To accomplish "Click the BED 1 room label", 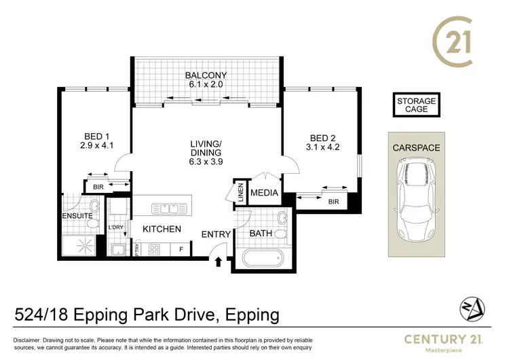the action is [96, 137].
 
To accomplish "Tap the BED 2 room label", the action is [322, 138].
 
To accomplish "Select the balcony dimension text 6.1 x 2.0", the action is [206, 84].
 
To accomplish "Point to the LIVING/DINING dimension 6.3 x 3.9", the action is [206, 162].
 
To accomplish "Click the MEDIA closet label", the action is [264, 193].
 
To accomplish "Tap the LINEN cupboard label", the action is [240, 193].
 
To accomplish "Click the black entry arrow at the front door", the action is [219, 262].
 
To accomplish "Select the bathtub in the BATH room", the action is [263, 258].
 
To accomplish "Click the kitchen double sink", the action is [169, 209].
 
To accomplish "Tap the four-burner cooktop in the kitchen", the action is [154, 249].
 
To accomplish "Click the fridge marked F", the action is [181, 249].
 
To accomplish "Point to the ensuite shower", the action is [79, 245].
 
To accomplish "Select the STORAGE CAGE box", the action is [417, 105].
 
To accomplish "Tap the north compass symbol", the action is [472, 309].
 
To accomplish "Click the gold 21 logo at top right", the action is [453, 41].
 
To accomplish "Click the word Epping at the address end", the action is [252, 315].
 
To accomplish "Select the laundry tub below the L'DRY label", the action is [117, 249].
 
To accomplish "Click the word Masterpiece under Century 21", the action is [443, 350].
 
